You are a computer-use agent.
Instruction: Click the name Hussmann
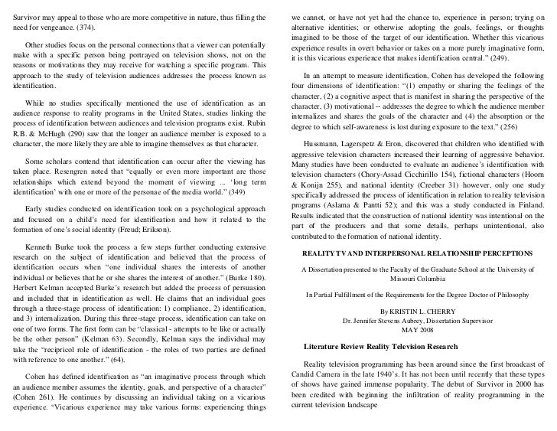pos(327,142)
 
